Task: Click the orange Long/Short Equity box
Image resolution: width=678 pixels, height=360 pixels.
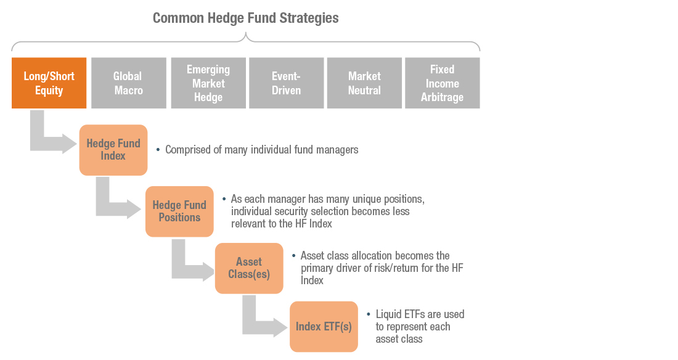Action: click(49, 83)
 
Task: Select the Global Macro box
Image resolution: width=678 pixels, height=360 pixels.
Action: click(128, 83)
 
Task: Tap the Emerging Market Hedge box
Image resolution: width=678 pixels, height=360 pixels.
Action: click(208, 83)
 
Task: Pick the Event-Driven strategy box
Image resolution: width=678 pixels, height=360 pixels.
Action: click(286, 83)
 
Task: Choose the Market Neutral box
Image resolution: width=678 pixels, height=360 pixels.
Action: click(364, 83)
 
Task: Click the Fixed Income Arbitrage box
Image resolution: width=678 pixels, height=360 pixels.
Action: click(443, 83)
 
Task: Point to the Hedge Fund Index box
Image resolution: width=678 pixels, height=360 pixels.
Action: click(113, 150)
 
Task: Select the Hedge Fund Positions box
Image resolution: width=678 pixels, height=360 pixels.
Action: click(179, 211)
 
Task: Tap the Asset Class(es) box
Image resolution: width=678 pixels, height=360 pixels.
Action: click(249, 268)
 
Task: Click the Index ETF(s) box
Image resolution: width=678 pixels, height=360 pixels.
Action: click(324, 327)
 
